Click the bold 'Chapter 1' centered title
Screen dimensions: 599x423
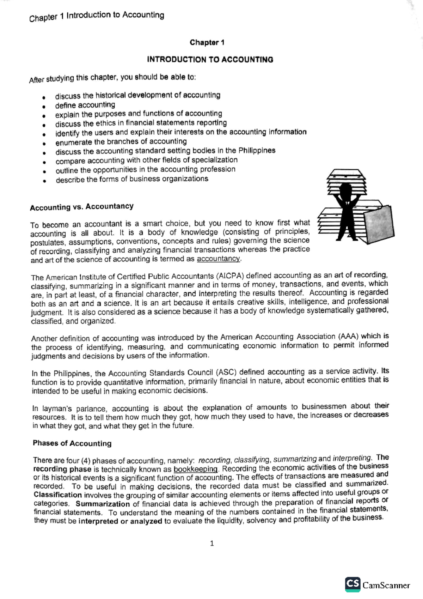pos(207,43)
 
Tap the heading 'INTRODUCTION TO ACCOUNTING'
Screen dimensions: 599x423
pos(210,60)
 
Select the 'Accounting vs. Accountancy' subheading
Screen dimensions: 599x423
pos(82,207)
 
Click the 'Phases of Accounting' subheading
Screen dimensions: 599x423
pos(72,443)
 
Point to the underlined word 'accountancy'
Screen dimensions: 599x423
pos(218,259)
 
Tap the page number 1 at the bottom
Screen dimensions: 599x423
pos(212,544)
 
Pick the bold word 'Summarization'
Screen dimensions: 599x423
pos(103,504)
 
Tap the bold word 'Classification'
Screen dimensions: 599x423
pos(58,495)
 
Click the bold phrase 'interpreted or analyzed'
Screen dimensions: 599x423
pos(120,521)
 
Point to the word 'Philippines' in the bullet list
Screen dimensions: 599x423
pos(257,150)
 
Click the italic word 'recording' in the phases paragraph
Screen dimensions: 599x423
pos(214,460)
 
